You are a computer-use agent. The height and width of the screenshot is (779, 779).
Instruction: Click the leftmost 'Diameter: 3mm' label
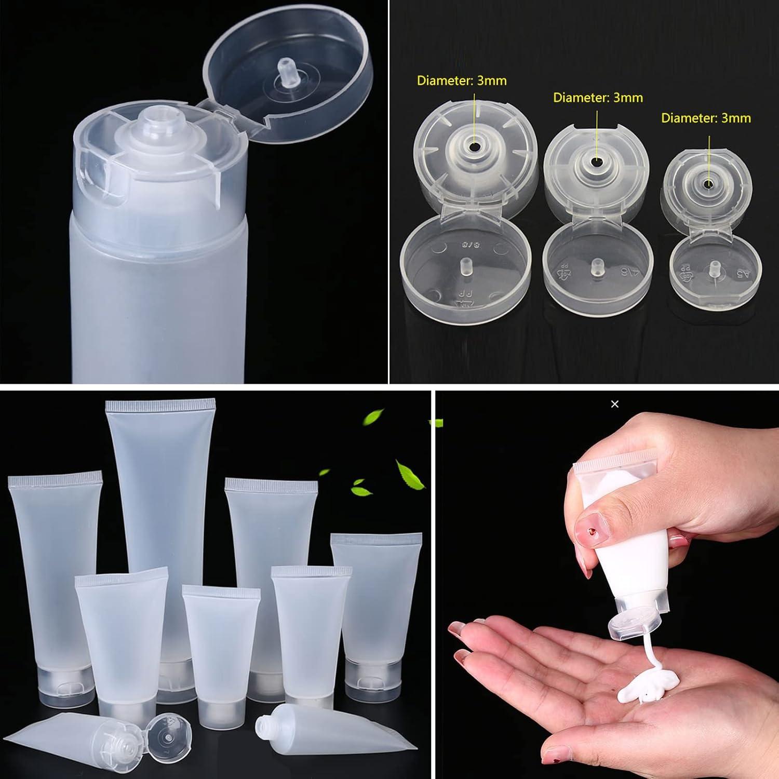[462, 80]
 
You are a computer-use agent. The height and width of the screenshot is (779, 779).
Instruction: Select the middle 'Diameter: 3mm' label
[598, 98]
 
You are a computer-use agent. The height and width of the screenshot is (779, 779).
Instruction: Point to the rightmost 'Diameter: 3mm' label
[706, 118]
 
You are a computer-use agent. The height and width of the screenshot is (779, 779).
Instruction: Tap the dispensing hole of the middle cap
[597, 162]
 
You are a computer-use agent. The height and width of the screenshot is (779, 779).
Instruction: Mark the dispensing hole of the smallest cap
[708, 184]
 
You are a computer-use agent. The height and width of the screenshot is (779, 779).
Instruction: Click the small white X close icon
[615, 404]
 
